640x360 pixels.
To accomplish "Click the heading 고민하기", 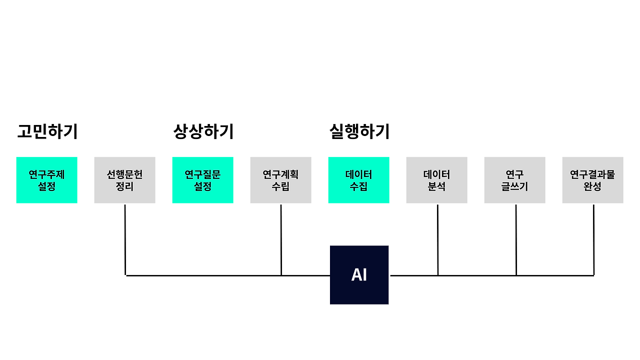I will [x=47, y=131].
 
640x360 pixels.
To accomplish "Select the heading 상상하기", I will [x=203, y=131].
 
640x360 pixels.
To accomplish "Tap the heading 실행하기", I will [x=359, y=131].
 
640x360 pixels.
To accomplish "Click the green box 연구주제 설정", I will [x=46, y=180].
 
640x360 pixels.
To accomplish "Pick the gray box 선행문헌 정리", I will [x=124, y=180].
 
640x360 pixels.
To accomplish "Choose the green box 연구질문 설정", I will [x=202, y=180].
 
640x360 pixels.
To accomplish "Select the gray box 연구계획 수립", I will [x=280, y=180].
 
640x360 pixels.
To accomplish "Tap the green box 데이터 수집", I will [x=358, y=180].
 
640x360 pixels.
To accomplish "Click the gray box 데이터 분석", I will [x=436, y=180].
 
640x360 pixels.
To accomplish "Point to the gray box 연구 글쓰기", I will [x=514, y=180].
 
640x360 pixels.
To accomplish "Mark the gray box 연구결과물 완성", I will [x=592, y=180].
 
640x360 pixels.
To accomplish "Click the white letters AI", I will [x=359, y=275].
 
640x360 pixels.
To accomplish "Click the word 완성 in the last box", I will [x=592, y=186].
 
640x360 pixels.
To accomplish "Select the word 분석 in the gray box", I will [x=436, y=186].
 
